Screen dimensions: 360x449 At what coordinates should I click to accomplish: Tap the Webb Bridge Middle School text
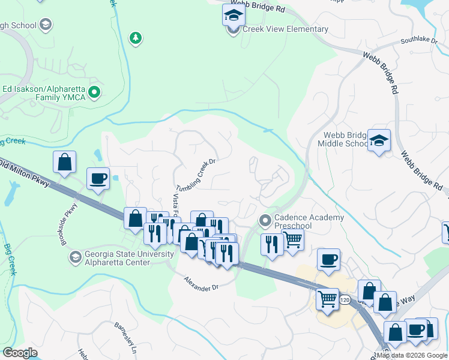345,139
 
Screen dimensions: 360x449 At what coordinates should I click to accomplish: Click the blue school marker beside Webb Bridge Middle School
379,140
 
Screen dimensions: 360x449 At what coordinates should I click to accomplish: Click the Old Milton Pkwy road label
24,173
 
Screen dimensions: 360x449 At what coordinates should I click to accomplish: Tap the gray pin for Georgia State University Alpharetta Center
75,258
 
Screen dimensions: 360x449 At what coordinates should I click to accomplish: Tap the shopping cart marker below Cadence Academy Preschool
292,239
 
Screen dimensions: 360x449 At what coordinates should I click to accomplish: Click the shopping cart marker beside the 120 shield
327,298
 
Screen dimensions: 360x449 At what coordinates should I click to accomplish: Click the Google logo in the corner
20,353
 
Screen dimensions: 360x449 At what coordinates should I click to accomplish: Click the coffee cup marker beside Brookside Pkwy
98,178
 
